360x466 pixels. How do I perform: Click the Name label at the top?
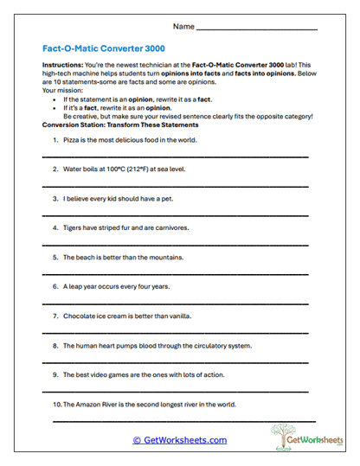(x=183, y=28)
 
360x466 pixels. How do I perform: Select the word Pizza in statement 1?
(x=73, y=139)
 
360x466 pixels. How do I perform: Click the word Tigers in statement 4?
(x=74, y=227)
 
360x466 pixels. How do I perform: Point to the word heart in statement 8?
(x=116, y=345)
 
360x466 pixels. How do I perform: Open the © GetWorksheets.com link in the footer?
(x=179, y=440)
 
